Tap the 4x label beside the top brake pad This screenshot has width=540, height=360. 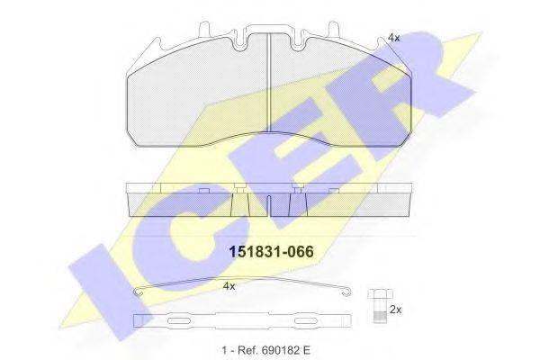pos(393,38)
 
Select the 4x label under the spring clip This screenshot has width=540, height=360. pos(229,286)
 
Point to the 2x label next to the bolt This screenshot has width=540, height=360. pos(394,309)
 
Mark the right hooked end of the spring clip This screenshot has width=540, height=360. pos(350,290)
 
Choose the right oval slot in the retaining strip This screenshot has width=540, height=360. pos(300,319)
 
